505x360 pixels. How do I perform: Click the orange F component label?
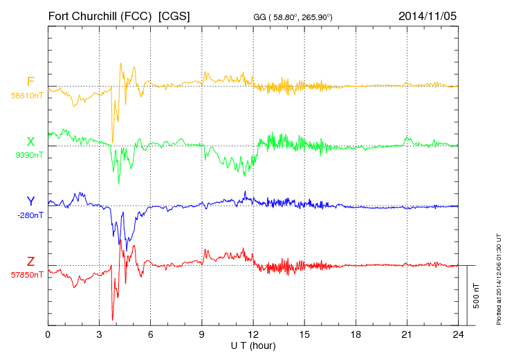pos(30,82)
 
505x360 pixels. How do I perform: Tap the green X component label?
pos(30,142)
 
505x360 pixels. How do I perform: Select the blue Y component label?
pos(30,201)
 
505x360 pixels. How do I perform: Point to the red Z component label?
pos(30,261)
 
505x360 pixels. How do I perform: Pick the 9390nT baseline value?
pos(28,155)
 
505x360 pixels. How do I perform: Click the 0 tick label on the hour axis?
pos(48,335)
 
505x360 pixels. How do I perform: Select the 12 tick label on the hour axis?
pos(253,335)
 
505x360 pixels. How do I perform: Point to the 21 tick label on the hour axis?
pos(407,335)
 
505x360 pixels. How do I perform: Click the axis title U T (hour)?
pos(253,345)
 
